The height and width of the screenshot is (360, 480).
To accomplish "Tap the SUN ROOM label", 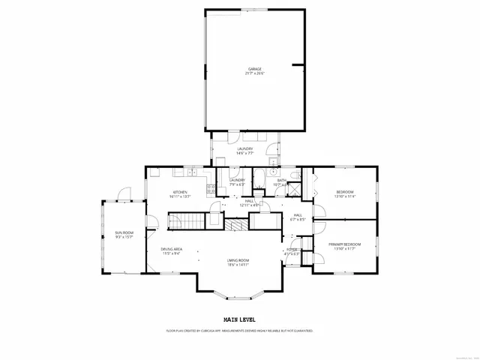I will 124,233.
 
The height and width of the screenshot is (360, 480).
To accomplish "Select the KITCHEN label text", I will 179,192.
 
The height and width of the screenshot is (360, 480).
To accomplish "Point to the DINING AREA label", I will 172,250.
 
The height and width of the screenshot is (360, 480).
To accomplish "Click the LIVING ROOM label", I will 238,260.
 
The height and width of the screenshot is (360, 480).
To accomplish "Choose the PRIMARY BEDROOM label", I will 344,244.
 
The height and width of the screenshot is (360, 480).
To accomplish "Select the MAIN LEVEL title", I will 239,320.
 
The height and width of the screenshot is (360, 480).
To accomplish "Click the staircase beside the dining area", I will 185,220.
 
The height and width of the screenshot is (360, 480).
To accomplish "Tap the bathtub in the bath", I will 259,180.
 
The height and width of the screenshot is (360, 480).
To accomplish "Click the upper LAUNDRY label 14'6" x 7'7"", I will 244,150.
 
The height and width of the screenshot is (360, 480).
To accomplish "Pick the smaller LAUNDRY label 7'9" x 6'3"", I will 237,181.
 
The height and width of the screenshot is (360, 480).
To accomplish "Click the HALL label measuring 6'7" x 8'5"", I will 298,217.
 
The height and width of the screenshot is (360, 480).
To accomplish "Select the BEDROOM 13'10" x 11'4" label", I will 344,193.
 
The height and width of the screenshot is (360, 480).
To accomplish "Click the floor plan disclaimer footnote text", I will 239,330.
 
